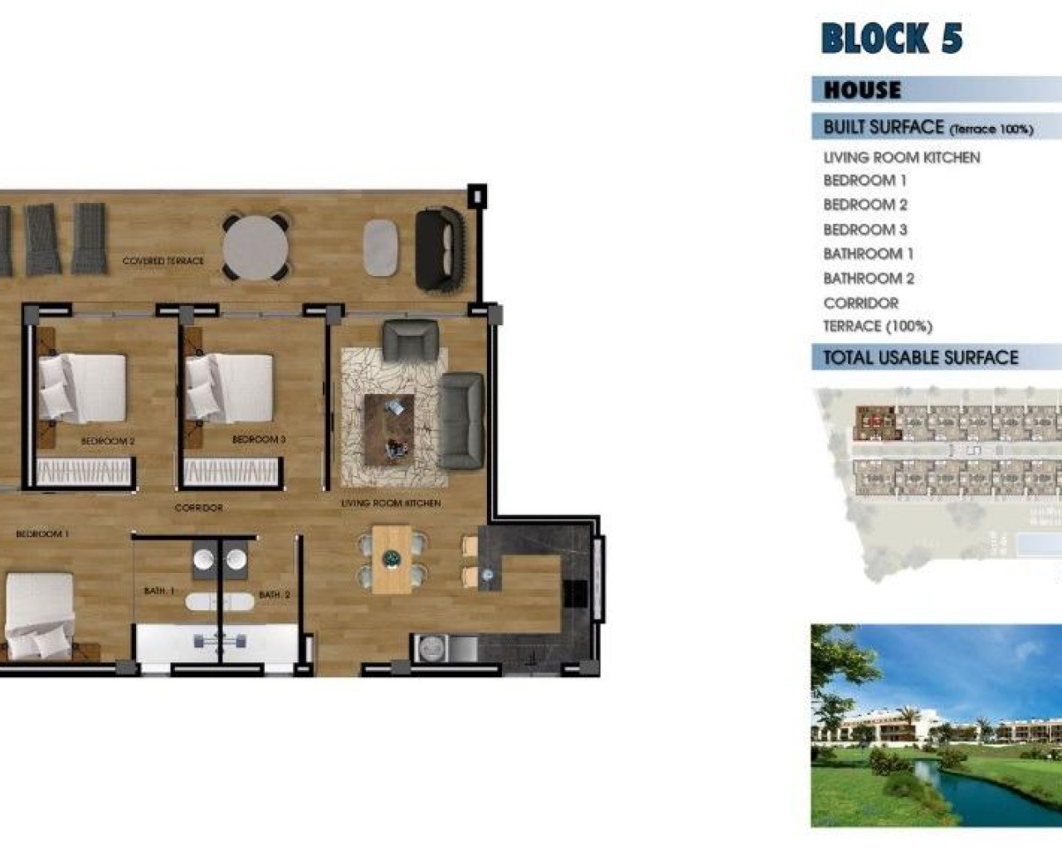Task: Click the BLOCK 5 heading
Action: tap(892, 39)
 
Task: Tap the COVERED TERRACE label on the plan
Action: tap(163, 261)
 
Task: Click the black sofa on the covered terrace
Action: tap(439, 249)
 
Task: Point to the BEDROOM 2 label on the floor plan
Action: tap(108, 442)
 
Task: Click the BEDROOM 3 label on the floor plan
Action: tap(258, 439)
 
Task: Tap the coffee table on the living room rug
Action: tap(389, 429)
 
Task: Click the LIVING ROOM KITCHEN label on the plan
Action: tap(391, 503)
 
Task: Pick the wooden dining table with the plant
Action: tap(391, 560)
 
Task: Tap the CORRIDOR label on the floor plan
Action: tap(198, 507)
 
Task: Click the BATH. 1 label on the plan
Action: tap(158, 591)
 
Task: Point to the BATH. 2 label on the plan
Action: tap(274, 594)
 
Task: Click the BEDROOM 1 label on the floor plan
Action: tap(42, 534)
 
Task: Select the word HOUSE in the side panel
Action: tap(862, 90)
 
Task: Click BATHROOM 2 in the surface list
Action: tap(868, 279)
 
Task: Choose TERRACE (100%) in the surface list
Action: tap(877, 327)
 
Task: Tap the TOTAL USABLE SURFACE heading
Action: tap(920, 358)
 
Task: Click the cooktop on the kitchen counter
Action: tap(575, 593)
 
